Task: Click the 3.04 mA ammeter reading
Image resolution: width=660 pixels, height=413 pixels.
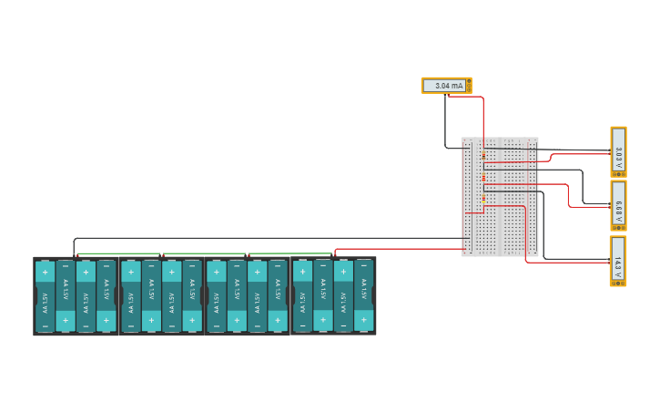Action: [x=446, y=86]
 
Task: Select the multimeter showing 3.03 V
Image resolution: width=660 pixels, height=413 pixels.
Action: [x=618, y=150]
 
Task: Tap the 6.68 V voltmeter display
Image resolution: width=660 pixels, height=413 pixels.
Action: [x=618, y=205]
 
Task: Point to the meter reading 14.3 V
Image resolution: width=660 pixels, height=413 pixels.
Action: [x=618, y=261]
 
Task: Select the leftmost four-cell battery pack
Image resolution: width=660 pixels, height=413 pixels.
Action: [x=76, y=296]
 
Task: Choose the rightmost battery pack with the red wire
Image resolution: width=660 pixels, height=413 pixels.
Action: [x=332, y=296]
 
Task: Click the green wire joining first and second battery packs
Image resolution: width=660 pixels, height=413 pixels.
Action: [x=118, y=253]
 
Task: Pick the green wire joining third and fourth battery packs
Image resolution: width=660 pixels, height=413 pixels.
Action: [x=289, y=253]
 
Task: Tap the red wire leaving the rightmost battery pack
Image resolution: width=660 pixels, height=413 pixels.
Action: [x=401, y=248]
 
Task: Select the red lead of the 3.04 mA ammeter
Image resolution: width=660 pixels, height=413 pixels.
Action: [x=483, y=119]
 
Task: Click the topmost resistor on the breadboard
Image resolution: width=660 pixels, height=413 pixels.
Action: [x=483, y=156]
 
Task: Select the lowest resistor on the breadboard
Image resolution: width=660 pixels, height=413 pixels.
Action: [x=483, y=198]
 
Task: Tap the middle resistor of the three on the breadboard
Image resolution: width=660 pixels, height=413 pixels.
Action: [x=483, y=177]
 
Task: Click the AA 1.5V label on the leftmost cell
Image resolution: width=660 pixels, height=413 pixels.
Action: [x=45, y=297]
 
